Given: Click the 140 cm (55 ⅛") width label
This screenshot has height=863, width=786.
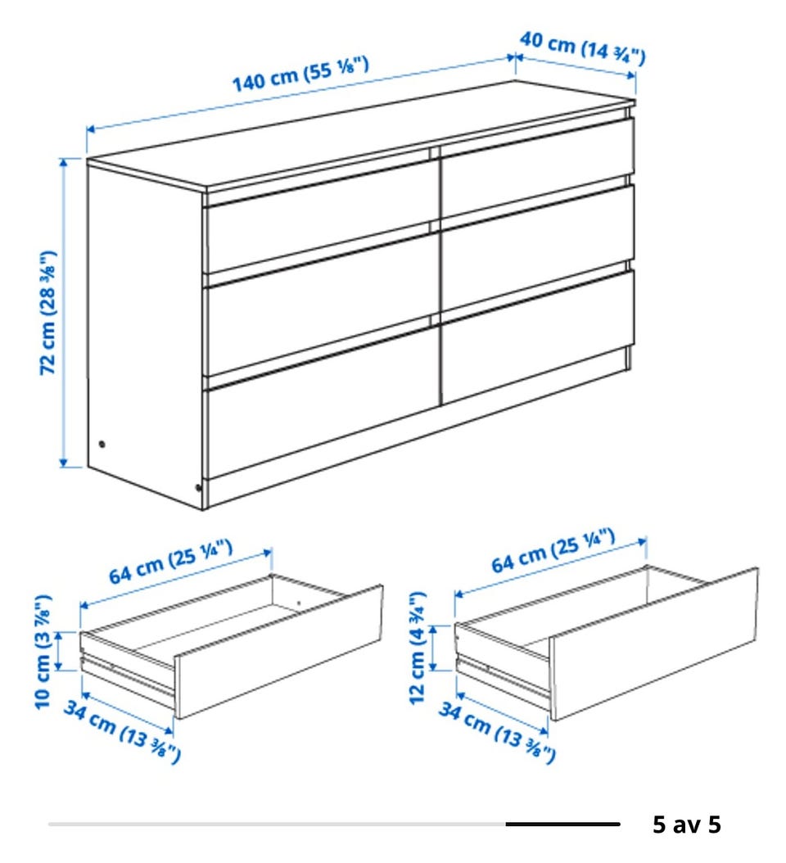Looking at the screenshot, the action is pos(300,75).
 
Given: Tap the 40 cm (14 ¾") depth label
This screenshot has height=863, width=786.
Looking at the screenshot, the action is pos(583,47).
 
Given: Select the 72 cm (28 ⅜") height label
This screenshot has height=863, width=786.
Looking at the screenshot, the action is pos(47,313).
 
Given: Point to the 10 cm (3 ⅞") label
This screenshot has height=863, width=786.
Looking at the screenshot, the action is pos(43,652).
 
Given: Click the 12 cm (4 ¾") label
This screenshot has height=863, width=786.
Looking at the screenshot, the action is pos(418,647).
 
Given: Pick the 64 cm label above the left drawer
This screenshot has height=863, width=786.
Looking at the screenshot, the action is pos(170,562).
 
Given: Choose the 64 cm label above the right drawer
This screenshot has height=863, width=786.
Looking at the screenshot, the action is pos(553,550).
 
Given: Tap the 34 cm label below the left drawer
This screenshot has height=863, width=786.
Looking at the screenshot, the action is pos(122,731).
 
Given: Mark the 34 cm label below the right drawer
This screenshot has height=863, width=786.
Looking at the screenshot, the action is pos(497,732).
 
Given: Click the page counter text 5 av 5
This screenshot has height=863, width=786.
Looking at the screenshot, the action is pos(686,824).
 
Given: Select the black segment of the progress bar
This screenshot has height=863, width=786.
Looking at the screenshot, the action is pos(562,824).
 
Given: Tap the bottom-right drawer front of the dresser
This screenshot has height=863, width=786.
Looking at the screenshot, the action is pos(538,337).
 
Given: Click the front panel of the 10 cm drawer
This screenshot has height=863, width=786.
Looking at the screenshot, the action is pos(278,652).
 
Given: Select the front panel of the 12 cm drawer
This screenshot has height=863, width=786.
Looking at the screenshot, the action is pos(654,644).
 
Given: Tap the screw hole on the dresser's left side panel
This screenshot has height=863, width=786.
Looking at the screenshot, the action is pos(102,444).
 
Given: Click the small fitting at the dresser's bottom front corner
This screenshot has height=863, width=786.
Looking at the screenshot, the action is pos(198,486).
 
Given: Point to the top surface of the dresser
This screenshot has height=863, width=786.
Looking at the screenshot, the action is pos(361,136).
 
